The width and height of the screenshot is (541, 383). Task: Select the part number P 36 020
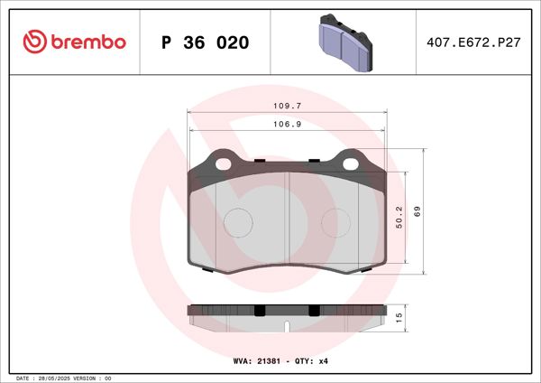[205, 42]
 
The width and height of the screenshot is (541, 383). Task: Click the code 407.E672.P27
[469, 42]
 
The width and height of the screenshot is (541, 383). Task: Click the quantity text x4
[322, 361]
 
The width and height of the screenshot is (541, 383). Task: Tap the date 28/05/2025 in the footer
[51, 378]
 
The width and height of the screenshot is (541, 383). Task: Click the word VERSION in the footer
[85, 378]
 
